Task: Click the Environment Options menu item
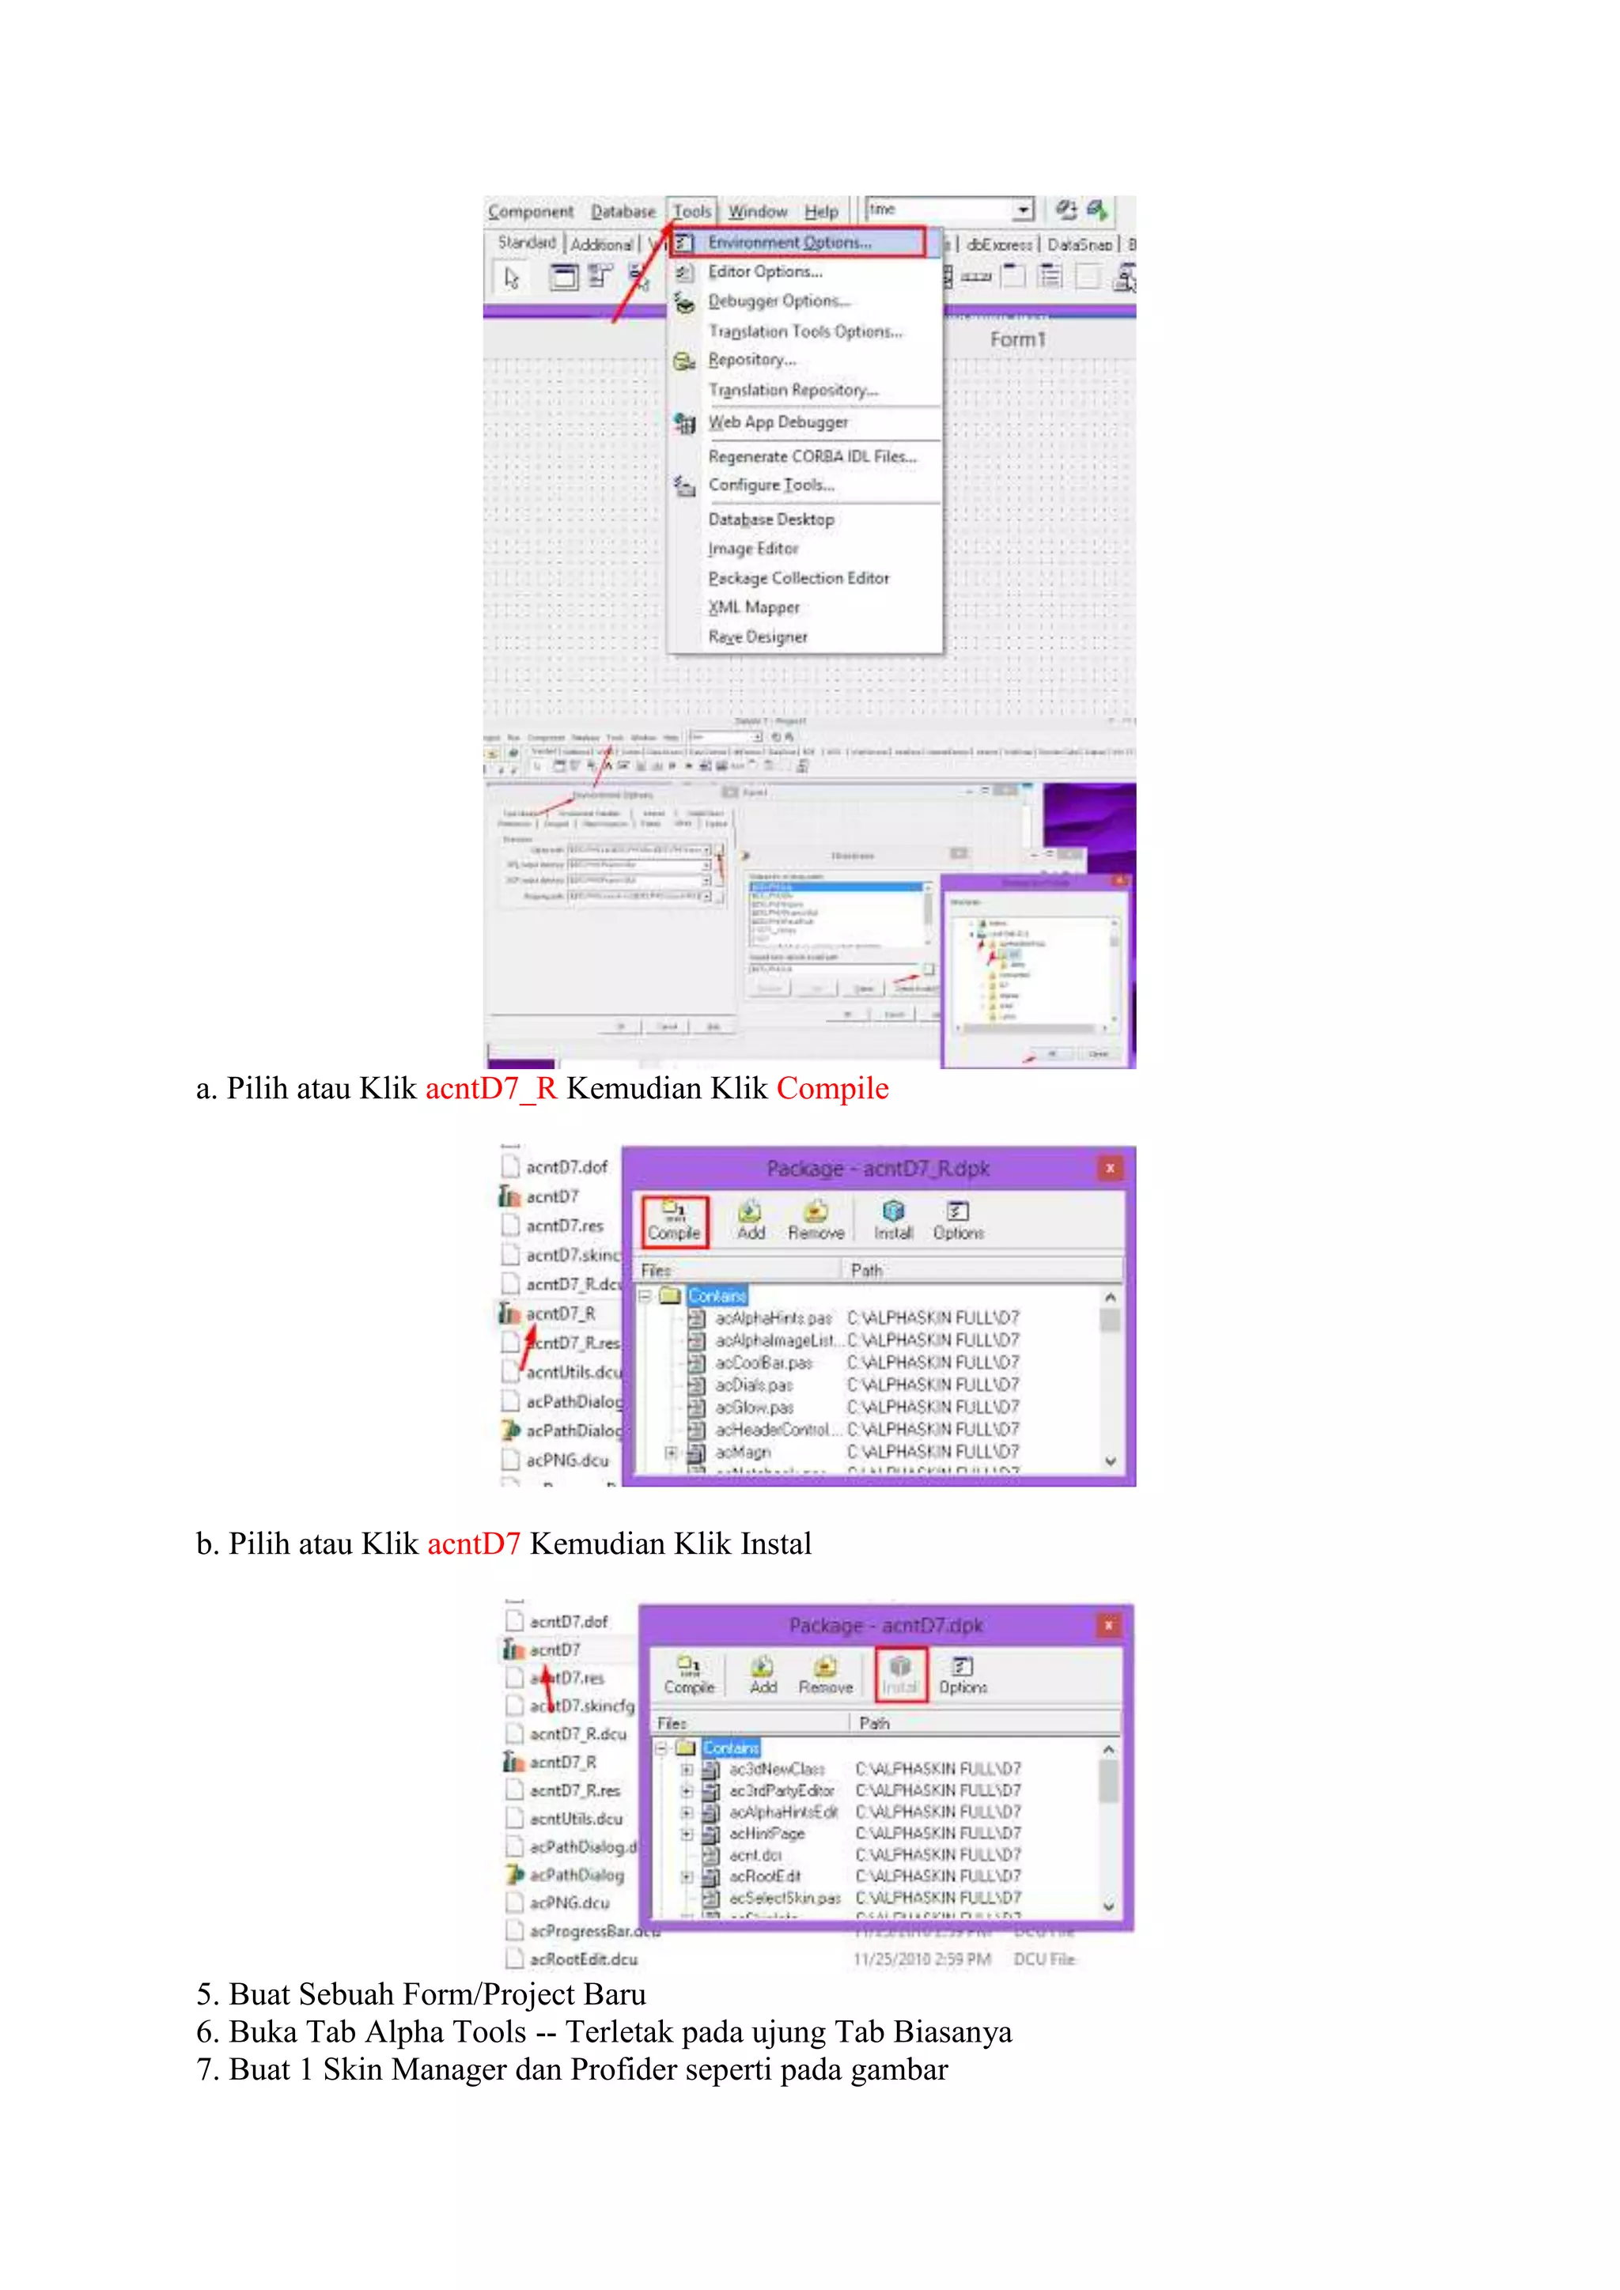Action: [789, 243]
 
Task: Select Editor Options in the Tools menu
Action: [765, 271]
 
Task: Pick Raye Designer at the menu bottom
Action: [758, 637]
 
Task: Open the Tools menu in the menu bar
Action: [691, 211]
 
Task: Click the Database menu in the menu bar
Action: [623, 211]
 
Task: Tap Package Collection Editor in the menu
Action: [798, 577]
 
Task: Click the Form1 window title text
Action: [1017, 340]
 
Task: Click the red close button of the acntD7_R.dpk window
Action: [1109, 1168]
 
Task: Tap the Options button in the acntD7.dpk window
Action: [963, 1675]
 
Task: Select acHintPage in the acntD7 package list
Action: [766, 1833]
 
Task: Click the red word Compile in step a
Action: [832, 1088]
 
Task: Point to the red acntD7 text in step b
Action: [474, 1544]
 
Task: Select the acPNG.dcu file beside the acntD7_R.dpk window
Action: [566, 1461]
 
